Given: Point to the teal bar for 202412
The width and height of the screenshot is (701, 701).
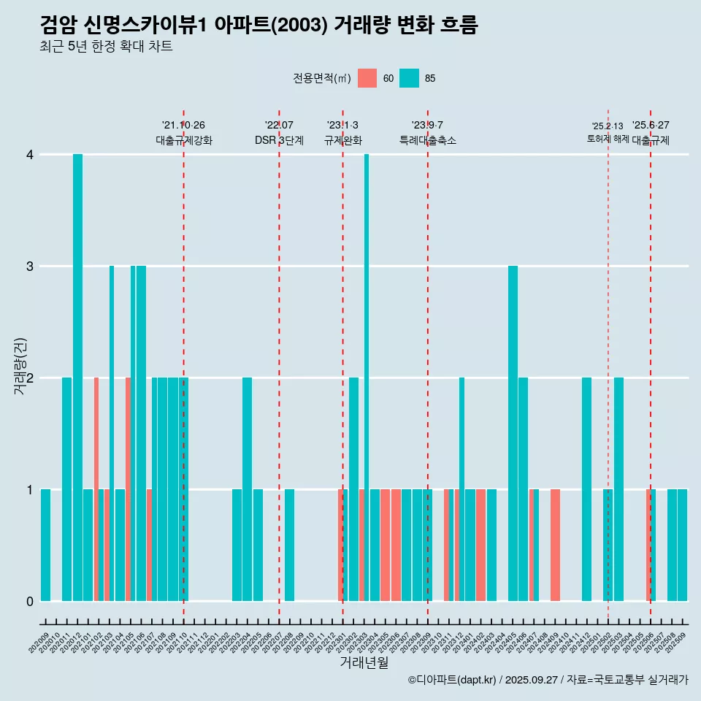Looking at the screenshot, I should coord(586,489).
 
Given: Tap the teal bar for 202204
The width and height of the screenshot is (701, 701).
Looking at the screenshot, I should coord(247,489).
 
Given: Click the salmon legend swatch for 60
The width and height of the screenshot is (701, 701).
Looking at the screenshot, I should coord(367,78).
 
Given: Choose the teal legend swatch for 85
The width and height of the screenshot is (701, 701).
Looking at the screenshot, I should coord(410,78).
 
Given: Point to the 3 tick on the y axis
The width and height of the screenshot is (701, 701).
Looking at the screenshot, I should coord(30,266).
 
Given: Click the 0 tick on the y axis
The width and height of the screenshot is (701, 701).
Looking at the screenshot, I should coord(30,601).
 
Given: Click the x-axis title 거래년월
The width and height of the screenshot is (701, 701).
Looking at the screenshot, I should coord(364,662).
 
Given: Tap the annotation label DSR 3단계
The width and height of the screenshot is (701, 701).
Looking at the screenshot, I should coord(279,140).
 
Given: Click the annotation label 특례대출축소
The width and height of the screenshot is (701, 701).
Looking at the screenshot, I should coord(427,140).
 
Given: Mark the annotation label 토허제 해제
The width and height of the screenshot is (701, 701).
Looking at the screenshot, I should coord(608,139).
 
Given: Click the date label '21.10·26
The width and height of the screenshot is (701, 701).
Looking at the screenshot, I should coord(183,125).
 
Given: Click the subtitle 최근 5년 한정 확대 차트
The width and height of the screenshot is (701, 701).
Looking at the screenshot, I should coord(107,47).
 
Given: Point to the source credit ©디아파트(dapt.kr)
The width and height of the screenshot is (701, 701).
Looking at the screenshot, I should coord(452,680).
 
